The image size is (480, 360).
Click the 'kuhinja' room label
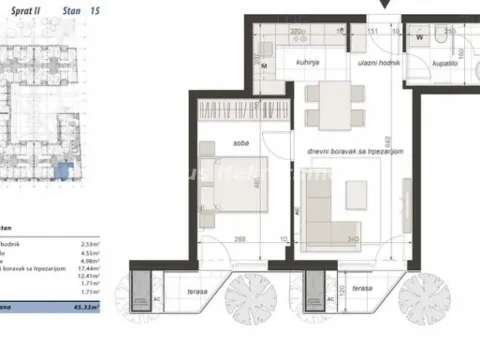(x=279, y=63)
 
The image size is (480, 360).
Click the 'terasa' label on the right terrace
(x=362, y=288)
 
